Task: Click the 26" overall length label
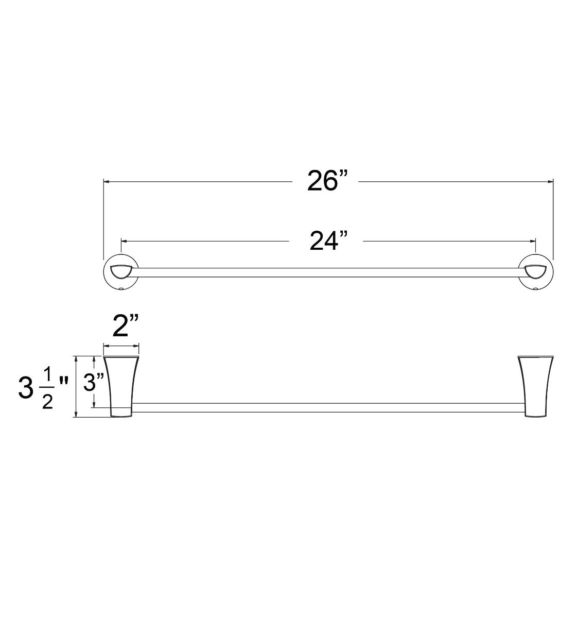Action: coord(327,181)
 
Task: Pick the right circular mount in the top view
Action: coord(536,272)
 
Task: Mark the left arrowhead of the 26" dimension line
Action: coord(107,181)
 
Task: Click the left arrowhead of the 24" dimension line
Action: coord(124,241)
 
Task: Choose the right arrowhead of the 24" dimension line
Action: coord(533,241)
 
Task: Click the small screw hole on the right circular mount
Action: coord(535,289)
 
